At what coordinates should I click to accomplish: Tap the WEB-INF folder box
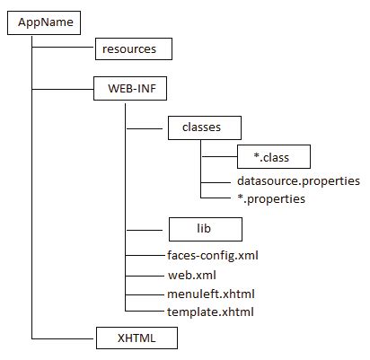pos(131,89)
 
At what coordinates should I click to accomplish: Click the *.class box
pos(274,158)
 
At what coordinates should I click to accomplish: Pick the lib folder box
pos(205,229)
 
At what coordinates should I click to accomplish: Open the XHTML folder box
pos(137,338)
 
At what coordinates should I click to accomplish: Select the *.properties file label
pos(265,198)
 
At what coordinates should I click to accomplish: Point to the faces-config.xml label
pos(214,256)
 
